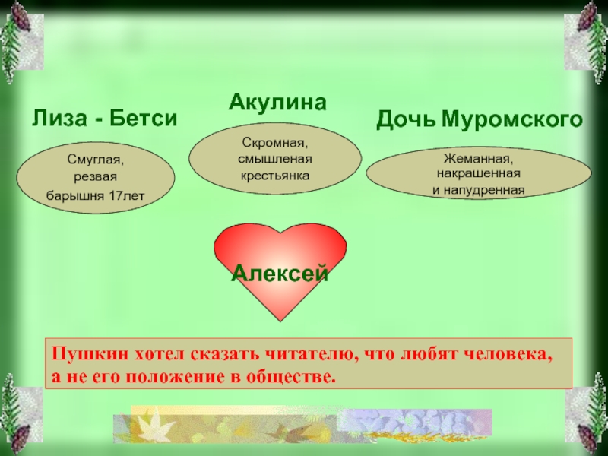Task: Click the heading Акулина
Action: coord(277,103)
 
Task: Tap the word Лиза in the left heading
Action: coord(59,118)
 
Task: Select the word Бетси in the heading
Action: coord(144,118)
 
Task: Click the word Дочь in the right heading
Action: coord(406,119)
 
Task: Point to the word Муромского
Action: coord(511,119)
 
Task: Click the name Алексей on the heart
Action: coord(280,274)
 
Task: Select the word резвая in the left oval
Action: coord(96,177)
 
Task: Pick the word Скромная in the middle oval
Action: coord(275,143)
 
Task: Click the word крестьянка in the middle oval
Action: coord(275,176)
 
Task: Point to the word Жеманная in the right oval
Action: coord(478,159)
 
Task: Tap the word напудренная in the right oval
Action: coord(484,190)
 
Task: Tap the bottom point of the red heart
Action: coord(280,321)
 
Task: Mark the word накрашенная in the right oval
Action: coord(479,173)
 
